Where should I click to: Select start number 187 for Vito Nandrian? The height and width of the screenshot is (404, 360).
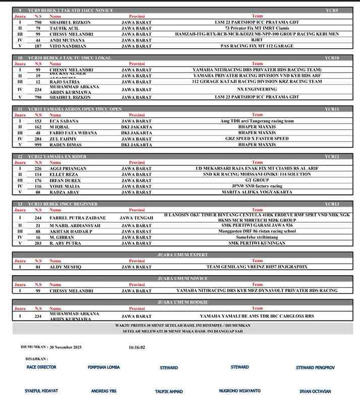tap(38, 46)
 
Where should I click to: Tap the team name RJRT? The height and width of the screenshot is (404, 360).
tap(257, 40)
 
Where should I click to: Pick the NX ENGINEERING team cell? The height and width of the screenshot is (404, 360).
tap(257, 89)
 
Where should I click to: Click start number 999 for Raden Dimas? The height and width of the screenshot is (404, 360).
tap(38, 145)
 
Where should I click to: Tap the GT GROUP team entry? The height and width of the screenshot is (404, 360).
tap(257, 180)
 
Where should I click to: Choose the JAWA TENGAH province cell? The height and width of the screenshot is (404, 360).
tap(136, 218)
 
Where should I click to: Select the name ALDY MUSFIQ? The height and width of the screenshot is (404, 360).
tap(65, 267)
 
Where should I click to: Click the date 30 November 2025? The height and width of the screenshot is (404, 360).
tap(66, 347)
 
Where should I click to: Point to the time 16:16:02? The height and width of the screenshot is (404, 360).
tap(137, 347)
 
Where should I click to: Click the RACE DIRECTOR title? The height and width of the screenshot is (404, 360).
tap(41, 367)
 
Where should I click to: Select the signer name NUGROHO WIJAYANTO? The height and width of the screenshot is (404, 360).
tap(240, 391)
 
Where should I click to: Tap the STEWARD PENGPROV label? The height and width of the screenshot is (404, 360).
tap(315, 368)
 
